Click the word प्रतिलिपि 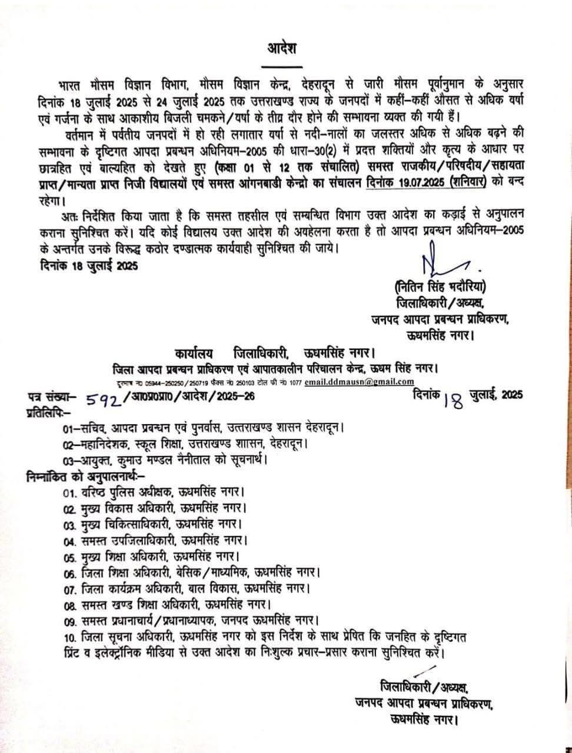(46, 412)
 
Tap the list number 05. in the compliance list (71, 555)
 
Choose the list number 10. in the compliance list (71, 637)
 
